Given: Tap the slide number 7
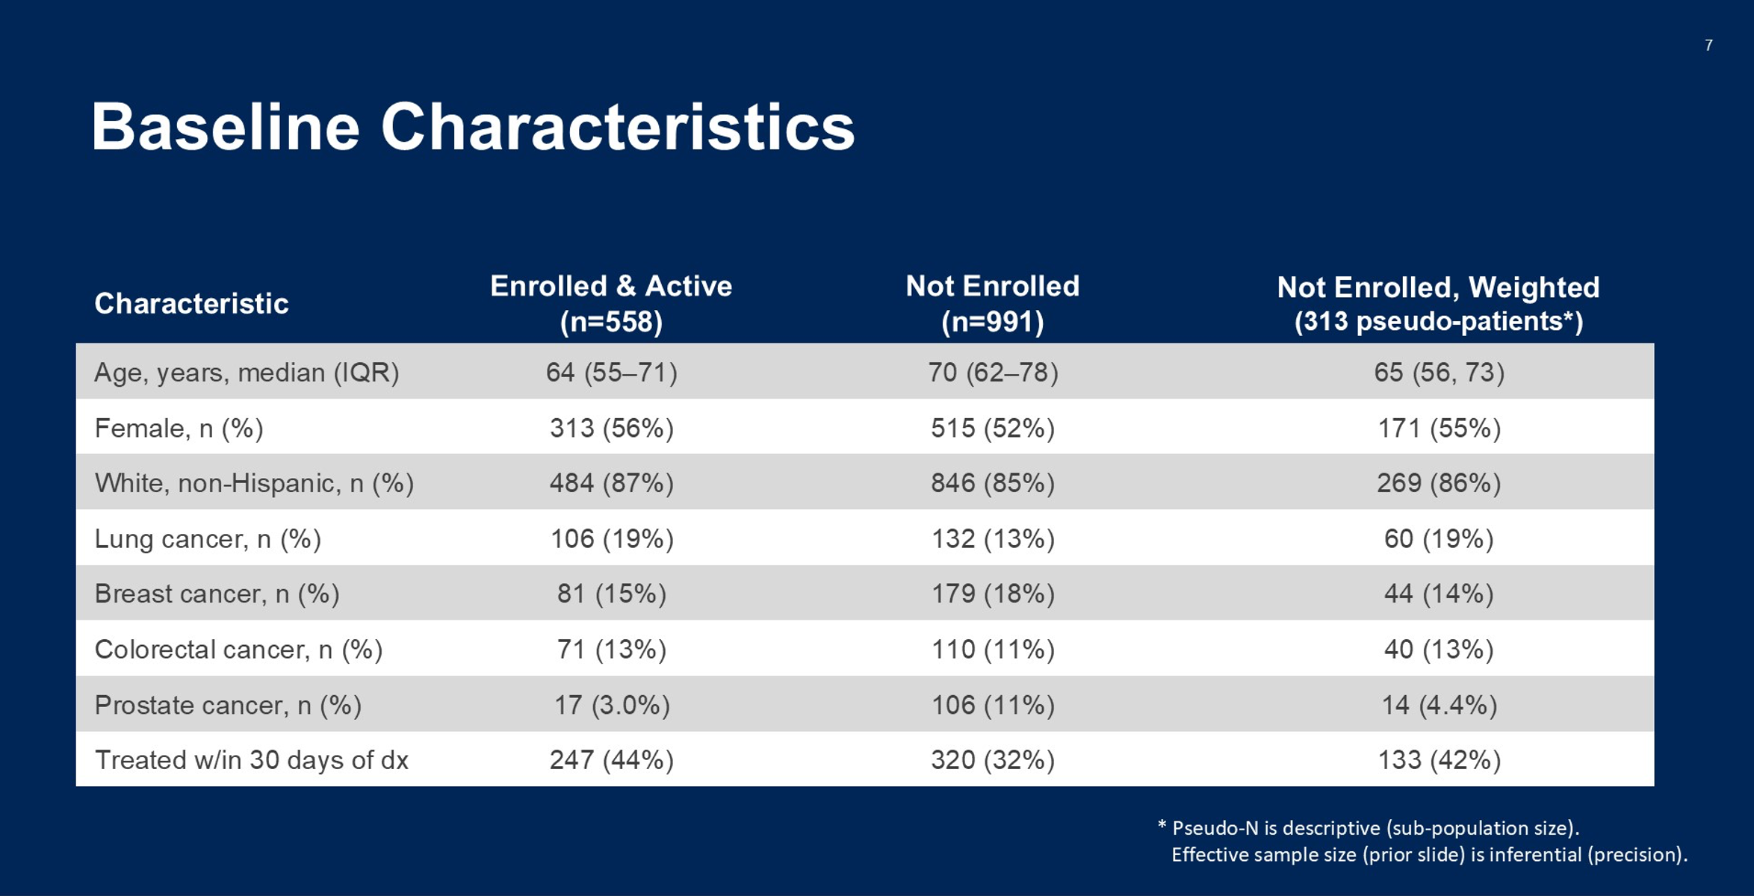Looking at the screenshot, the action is pyautogui.click(x=1708, y=46).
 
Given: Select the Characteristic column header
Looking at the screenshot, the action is pyautogui.click(x=191, y=304).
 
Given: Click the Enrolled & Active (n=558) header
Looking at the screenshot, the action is pyautogui.click(x=611, y=304).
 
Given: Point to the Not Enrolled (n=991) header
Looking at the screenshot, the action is pyautogui.click(x=993, y=304).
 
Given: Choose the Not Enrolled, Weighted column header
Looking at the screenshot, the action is pyautogui.click(x=1439, y=304).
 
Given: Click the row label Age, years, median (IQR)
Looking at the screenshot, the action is pyautogui.click(x=247, y=372).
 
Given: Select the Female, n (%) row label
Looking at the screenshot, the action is pyautogui.click(x=179, y=429).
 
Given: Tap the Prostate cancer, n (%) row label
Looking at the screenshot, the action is pyautogui.click(x=228, y=705).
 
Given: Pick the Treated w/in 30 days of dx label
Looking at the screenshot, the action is pyautogui.click(x=251, y=760).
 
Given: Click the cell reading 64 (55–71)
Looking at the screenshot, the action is pyautogui.click(x=612, y=372).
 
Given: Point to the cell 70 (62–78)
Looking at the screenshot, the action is pyautogui.click(x=993, y=372).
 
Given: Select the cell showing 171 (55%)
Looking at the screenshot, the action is pyautogui.click(x=1439, y=429).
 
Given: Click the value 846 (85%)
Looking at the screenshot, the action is pyautogui.click(x=993, y=484).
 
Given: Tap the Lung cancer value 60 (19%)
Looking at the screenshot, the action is pyautogui.click(x=1439, y=539).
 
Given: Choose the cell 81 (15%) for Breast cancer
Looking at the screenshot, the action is pyautogui.click(x=612, y=594).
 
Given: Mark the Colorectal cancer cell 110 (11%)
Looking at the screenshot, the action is pyautogui.click(x=993, y=650).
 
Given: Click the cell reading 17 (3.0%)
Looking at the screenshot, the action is pyautogui.click(x=612, y=705).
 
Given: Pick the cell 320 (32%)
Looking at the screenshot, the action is pyautogui.click(x=993, y=760).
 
